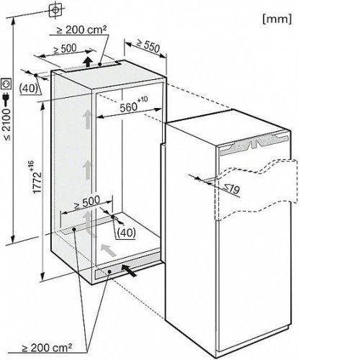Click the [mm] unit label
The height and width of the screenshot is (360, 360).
click(277, 19)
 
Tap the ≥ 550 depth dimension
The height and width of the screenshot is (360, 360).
click(148, 45)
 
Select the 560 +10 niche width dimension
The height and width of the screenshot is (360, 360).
click(134, 104)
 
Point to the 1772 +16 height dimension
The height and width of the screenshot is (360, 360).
click(37, 176)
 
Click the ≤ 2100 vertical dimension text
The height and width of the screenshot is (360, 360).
click(7, 125)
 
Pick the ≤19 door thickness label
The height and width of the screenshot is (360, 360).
click(232, 188)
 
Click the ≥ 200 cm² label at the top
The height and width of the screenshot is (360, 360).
click(81, 30)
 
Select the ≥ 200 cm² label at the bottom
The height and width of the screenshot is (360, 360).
click(47, 347)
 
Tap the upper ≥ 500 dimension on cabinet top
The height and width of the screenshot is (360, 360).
click(65, 49)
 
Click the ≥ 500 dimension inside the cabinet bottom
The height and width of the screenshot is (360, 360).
click(87, 202)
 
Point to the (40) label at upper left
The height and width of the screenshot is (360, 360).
click(29, 89)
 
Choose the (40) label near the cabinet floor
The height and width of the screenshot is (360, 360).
click(126, 233)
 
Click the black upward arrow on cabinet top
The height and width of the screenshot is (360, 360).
click(88, 62)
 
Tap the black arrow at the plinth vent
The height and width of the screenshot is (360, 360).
click(129, 270)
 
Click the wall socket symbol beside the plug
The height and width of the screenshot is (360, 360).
click(6, 84)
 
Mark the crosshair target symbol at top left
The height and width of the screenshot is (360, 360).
click(55, 10)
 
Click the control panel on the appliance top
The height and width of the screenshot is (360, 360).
click(255, 144)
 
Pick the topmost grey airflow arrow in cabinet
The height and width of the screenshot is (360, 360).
click(87, 120)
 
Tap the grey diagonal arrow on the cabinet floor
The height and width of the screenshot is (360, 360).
click(109, 251)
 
